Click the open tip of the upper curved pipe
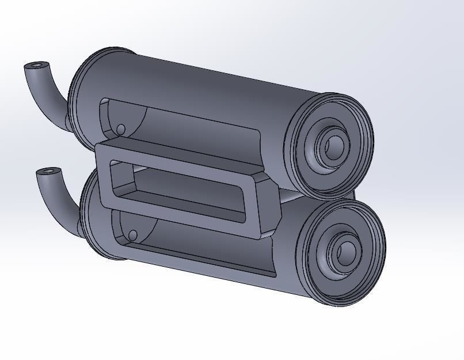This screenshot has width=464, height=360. pos(37,66)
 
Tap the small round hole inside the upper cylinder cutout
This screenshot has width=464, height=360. pos(121,129)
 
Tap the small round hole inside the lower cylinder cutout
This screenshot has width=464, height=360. pos(132,235)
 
